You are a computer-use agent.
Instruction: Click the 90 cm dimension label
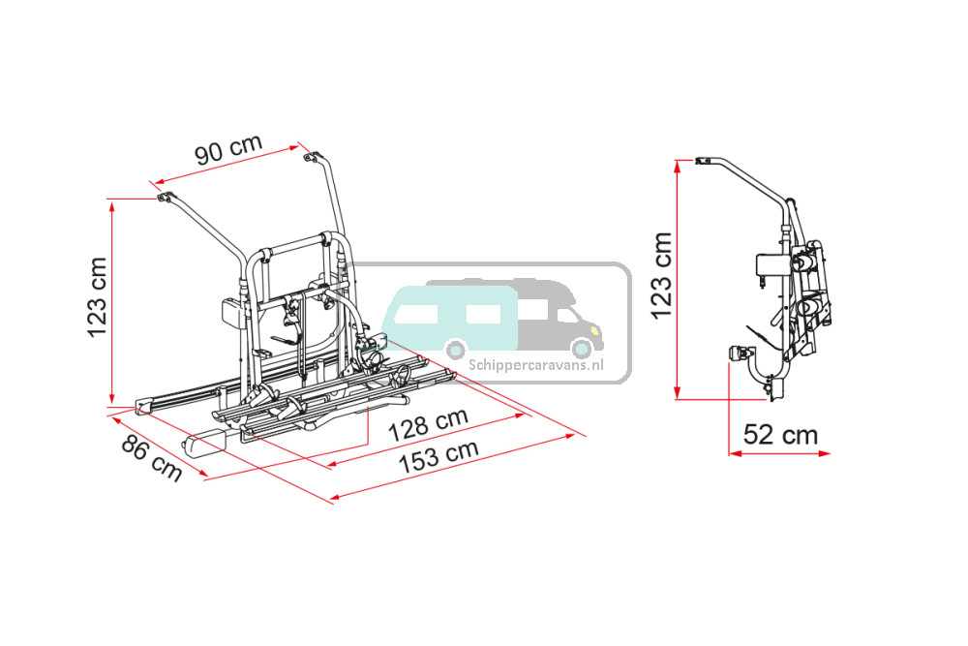pyautogui.click(x=229, y=150)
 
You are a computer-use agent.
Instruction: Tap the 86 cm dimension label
pyautogui.click(x=151, y=458)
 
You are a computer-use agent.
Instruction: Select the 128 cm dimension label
pyautogui.click(x=428, y=424)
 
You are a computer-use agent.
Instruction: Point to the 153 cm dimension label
pyautogui.click(x=439, y=456)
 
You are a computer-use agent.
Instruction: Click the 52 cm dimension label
pyautogui.click(x=780, y=435)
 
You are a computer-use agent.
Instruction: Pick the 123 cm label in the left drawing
pyautogui.click(x=98, y=297)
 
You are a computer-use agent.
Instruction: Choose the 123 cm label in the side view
pyautogui.click(x=661, y=275)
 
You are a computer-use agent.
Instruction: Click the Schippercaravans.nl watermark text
pyautogui.click(x=535, y=365)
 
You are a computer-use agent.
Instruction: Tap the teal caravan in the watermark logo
pyautogui.click(x=449, y=316)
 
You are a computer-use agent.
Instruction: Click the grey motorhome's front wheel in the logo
pyautogui.click(x=582, y=350)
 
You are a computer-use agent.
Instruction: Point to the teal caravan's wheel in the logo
pyautogui.click(x=456, y=351)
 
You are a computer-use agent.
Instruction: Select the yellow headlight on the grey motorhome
pyautogui.click(x=594, y=331)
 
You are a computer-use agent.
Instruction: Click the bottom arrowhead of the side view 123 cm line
pyautogui.click(x=678, y=393)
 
